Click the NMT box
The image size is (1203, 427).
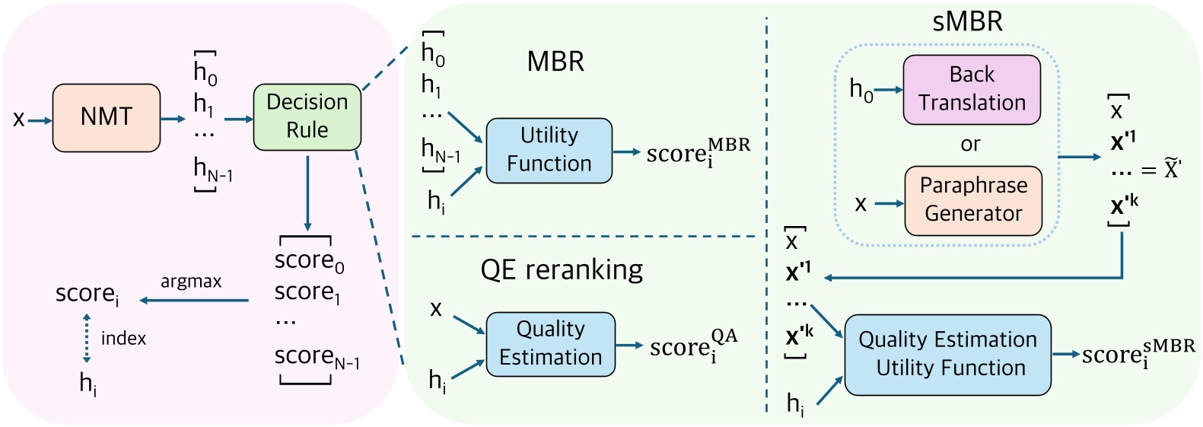tap(107, 117)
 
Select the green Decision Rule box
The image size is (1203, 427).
tap(307, 116)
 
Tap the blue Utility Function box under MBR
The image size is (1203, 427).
tap(549, 150)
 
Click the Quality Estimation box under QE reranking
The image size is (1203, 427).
tap(550, 343)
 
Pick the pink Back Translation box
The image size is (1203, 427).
tap(971, 89)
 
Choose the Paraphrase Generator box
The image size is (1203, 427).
tap(972, 200)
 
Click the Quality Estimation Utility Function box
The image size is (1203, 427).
tap(947, 354)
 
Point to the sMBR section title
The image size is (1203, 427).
tap(967, 21)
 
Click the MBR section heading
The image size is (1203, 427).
tap(555, 62)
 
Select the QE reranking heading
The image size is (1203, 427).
tap(562, 269)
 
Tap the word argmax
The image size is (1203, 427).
tap(191, 282)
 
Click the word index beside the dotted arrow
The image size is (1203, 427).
tap(123, 338)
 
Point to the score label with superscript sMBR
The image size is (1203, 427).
tap(1138, 354)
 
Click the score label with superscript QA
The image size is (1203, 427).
tap(693, 346)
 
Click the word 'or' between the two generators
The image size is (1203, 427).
tap(970, 145)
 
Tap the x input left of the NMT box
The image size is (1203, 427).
tap(19, 119)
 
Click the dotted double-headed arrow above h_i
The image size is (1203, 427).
tap(87, 337)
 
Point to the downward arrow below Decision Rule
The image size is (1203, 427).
tap(307, 193)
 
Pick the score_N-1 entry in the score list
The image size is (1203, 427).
tap(317, 357)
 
